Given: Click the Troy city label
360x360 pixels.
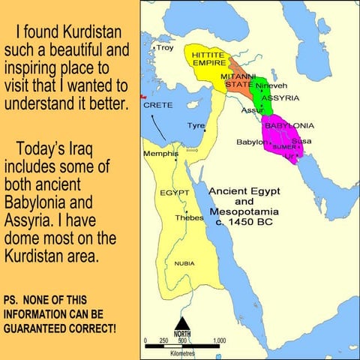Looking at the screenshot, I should (164, 48).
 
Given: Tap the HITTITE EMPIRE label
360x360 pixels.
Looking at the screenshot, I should (209, 60).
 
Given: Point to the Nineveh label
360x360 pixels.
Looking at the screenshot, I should (271, 85).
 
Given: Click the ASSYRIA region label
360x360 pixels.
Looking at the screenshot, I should (280, 98).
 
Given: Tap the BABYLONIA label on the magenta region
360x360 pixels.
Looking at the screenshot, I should (289, 125).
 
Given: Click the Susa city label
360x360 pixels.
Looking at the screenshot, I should (301, 140).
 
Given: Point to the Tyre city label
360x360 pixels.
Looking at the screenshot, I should (196, 125).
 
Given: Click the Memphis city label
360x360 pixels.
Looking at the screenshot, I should (160, 153).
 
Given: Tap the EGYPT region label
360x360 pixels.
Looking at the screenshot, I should (173, 193).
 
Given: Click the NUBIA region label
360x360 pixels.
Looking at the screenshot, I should (184, 263).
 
